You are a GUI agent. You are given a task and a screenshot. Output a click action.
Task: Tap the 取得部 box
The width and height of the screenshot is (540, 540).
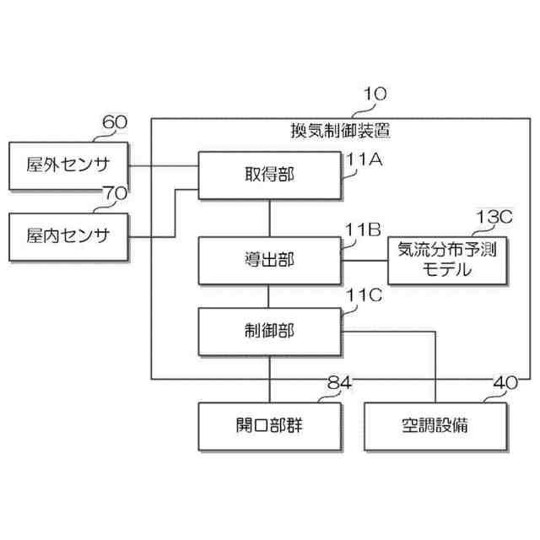click(x=269, y=175)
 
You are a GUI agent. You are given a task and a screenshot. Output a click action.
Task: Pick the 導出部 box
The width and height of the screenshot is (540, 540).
click(x=269, y=261)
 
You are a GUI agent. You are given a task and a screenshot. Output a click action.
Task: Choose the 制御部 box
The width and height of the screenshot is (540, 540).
click(x=269, y=331)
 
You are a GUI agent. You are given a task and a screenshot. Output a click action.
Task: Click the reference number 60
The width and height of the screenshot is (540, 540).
click(x=114, y=122)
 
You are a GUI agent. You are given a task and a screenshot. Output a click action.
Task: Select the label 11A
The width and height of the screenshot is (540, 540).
click(x=364, y=159)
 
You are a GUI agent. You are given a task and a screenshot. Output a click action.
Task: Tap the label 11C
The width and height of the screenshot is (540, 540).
click(x=364, y=298)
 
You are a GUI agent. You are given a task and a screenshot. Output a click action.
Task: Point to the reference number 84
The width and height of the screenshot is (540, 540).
click(x=337, y=385)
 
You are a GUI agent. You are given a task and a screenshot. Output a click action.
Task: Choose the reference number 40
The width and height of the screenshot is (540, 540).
click(x=505, y=385)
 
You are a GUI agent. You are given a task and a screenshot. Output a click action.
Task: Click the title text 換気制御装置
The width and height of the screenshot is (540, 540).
click(x=340, y=131)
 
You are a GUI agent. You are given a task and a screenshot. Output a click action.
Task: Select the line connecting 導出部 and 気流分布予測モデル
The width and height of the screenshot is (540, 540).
click(x=364, y=261)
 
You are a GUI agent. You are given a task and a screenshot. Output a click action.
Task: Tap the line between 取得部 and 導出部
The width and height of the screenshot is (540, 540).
click(x=269, y=219)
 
